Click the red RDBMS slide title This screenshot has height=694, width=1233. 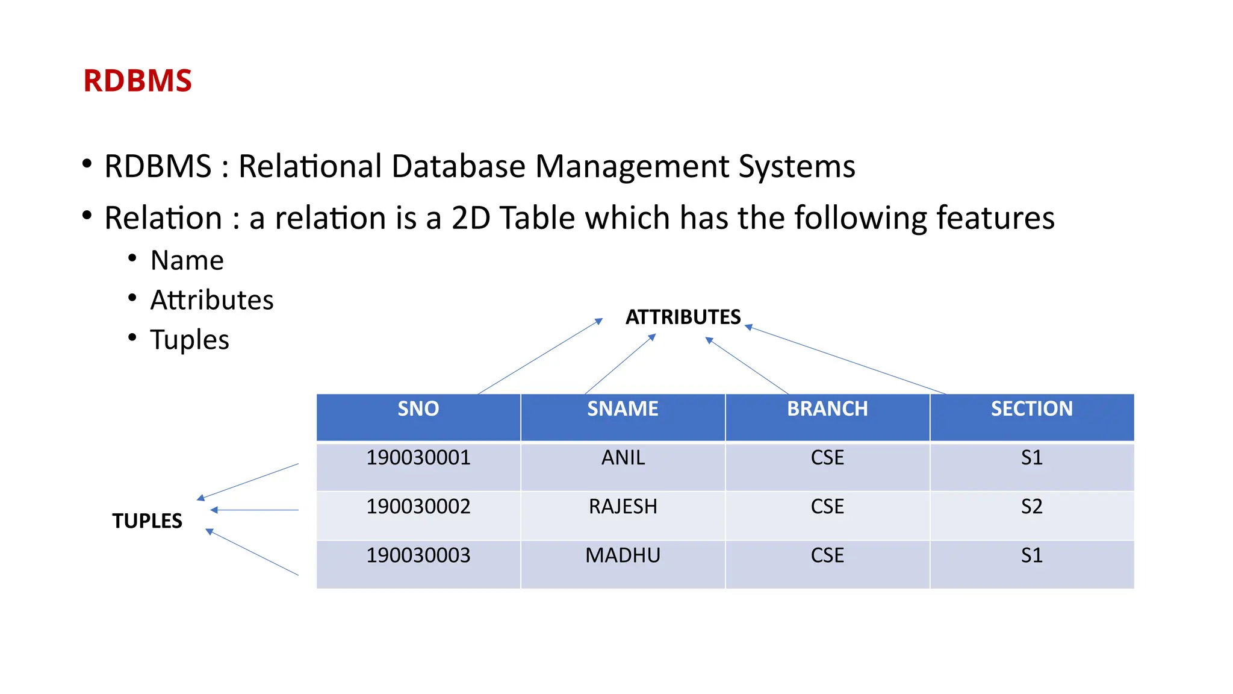(x=137, y=81)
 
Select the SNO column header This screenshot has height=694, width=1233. (x=418, y=409)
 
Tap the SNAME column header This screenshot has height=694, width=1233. (x=623, y=409)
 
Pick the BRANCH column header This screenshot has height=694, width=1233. (x=827, y=409)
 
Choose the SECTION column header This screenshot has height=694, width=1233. (x=1032, y=409)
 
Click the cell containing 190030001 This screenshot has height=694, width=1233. (x=418, y=458)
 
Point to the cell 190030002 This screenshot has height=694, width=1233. (x=418, y=507)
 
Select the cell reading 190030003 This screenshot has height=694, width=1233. (x=418, y=555)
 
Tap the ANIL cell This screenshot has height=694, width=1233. (x=623, y=458)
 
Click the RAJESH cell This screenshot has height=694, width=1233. (x=623, y=507)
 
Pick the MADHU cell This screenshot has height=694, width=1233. (x=623, y=555)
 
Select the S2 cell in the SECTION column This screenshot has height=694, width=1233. (x=1032, y=507)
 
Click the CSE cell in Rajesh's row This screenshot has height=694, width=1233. (x=827, y=507)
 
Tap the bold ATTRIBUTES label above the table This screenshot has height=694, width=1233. (x=683, y=317)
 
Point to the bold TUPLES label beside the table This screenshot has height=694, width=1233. (x=147, y=521)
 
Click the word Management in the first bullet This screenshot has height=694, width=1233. (x=632, y=166)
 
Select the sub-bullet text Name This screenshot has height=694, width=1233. (x=187, y=261)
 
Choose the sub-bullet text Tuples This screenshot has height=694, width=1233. (x=190, y=340)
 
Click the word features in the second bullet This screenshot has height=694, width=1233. (x=996, y=218)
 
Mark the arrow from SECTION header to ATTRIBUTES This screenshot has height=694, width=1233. (x=845, y=360)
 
